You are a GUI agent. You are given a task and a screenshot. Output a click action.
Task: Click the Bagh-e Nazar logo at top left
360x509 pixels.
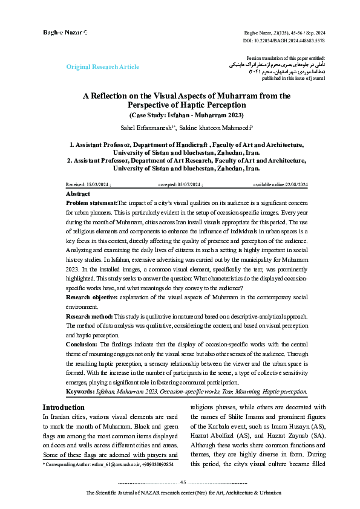tap(64, 31)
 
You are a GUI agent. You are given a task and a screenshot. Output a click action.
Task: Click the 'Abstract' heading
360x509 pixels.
tap(77, 193)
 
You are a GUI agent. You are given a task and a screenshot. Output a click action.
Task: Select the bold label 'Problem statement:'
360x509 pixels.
tap(91, 203)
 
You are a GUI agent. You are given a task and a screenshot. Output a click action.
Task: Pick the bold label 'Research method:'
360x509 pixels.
tap(89, 316)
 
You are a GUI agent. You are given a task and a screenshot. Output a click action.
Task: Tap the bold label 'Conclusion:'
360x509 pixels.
tap(81, 343)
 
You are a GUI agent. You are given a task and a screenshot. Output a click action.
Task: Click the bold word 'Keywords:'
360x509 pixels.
tap(80, 392)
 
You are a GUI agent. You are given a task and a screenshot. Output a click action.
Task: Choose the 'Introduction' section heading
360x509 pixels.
tap(64, 407)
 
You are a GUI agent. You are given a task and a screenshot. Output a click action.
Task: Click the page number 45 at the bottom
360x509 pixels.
tap(184, 482)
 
